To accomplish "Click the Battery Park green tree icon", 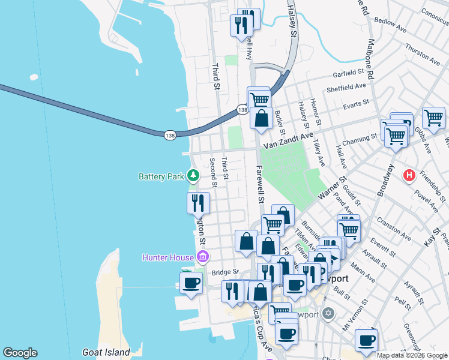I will (x=193, y=176).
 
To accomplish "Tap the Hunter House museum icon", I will (x=203, y=257).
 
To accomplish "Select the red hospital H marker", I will (x=409, y=175).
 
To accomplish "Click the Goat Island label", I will (x=106, y=352).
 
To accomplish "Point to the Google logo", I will (x=20, y=353).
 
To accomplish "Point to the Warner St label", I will (x=334, y=187).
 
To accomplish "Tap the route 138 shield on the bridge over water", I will (x=170, y=135).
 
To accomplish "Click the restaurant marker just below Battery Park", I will (x=198, y=203).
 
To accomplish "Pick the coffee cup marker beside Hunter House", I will (x=191, y=283).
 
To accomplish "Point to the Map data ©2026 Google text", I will (x=411, y=355).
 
